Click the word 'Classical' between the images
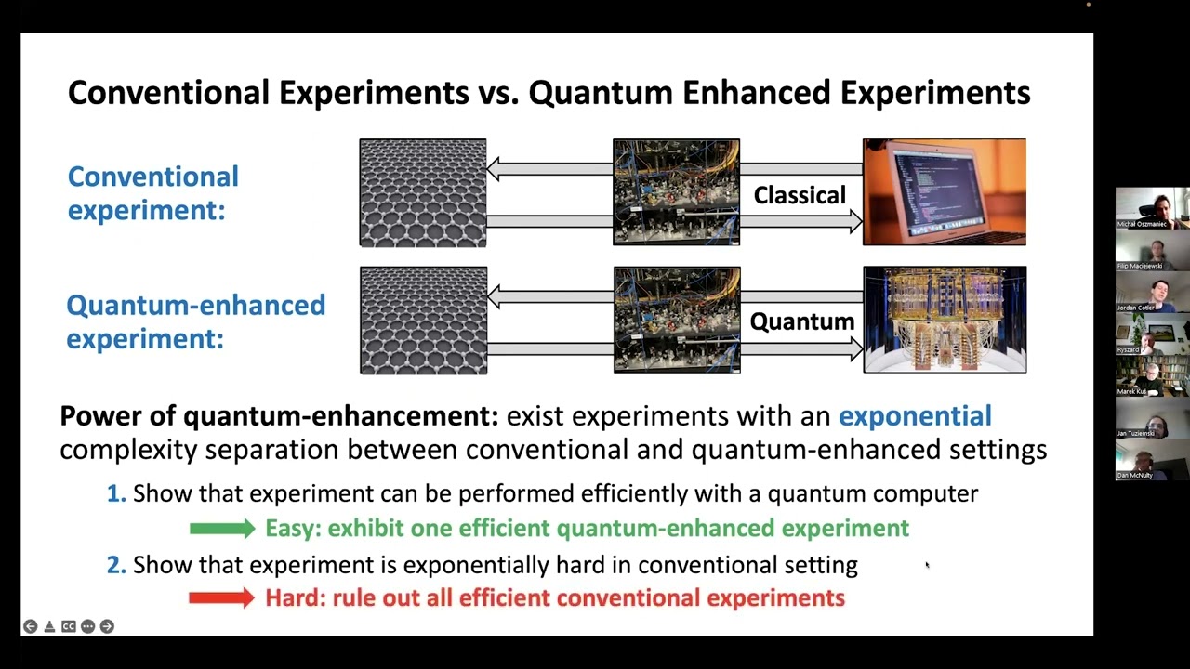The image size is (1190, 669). point(800,195)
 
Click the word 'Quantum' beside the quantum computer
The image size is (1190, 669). point(801,321)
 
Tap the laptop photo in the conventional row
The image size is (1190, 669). point(944,192)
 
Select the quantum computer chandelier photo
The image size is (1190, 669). point(945,320)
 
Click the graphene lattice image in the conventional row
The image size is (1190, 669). point(423,193)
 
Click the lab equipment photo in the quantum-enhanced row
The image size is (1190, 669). point(677,320)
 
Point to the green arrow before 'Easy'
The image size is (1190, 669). point(221,529)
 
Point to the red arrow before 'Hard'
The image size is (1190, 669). point(221,598)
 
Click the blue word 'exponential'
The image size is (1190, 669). point(915,415)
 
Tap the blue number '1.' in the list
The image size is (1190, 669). point(116,493)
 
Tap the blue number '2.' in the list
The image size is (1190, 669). point(116,564)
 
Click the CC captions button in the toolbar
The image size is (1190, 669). point(68,626)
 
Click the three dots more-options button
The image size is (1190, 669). point(87,626)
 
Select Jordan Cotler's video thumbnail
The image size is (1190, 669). point(1152,292)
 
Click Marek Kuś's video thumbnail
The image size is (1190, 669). point(1152,375)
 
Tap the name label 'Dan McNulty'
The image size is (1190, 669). point(1135,475)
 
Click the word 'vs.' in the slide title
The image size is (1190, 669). point(498,93)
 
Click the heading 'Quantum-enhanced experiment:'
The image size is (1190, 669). point(195,321)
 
